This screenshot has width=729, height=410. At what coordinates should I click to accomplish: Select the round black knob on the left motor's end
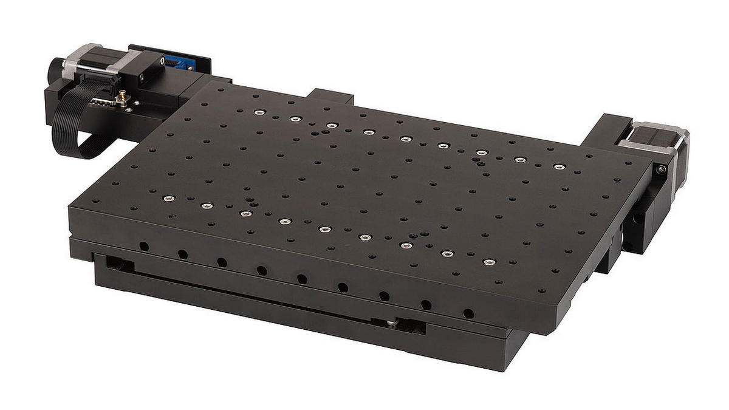click(56, 67)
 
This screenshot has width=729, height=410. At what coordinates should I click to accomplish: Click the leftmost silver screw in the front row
click(168, 198)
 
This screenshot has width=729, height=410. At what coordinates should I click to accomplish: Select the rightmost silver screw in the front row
click(490, 262)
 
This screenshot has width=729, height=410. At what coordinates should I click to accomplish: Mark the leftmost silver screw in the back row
click(259, 112)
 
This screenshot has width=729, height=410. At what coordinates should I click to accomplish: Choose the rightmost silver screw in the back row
click(559, 166)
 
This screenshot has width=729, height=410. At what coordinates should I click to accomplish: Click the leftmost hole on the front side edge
click(143, 246)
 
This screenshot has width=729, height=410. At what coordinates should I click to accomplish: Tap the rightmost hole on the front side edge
click(468, 314)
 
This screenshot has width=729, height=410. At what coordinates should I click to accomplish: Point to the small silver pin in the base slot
click(394, 323)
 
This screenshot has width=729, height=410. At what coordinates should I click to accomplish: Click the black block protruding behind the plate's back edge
click(331, 97)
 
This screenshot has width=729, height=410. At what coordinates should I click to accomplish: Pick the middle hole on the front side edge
click(302, 279)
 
